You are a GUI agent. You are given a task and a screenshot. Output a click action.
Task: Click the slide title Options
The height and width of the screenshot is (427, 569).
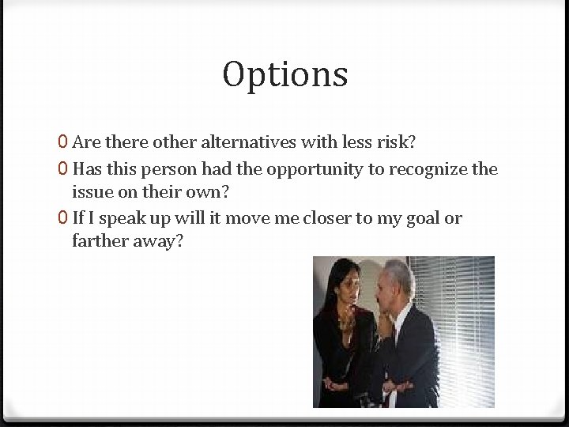tap(284, 75)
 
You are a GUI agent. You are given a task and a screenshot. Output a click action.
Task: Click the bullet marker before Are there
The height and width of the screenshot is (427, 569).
tap(62, 142)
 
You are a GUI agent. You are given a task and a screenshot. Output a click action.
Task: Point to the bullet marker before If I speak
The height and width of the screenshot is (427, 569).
tap(62, 218)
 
